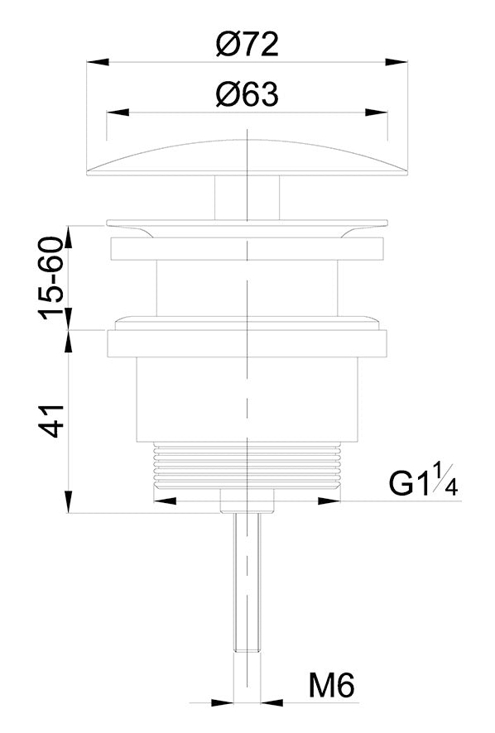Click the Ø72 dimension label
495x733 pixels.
coord(247,44)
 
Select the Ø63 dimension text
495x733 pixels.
coord(247,95)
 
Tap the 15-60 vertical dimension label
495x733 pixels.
coord(51,278)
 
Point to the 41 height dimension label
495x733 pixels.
coord(51,420)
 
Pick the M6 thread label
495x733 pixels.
coord(332,686)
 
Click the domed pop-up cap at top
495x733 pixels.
coord(247,157)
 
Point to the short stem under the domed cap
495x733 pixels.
coord(247,198)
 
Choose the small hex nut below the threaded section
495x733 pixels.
coord(247,501)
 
